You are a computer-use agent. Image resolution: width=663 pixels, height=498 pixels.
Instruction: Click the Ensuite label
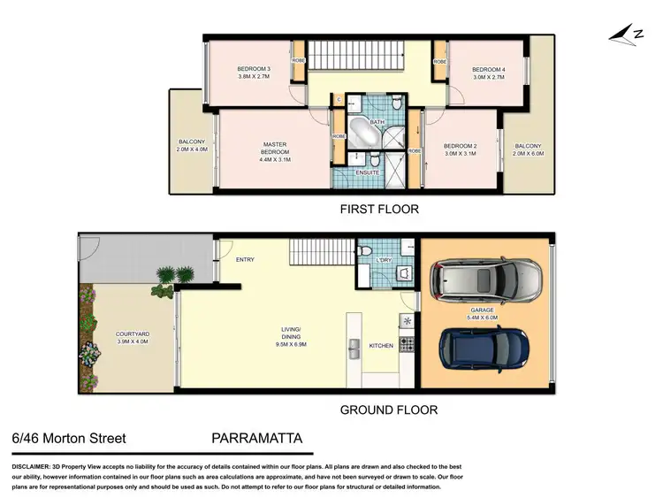(x=367, y=172)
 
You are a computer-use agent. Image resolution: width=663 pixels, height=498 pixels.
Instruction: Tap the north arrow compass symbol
(x=624, y=33)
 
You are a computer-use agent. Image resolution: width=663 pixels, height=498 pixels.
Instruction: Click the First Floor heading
(x=379, y=210)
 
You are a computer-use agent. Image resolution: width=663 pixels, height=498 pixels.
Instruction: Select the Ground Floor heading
(x=388, y=410)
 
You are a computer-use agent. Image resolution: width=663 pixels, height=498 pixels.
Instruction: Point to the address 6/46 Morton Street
(x=69, y=438)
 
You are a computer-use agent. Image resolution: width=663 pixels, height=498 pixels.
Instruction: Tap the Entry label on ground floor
(x=245, y=259)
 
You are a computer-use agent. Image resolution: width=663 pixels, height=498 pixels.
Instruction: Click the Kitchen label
(x=380, y=345)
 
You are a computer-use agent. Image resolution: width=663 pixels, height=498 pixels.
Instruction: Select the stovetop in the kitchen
(x=408, y=343)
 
